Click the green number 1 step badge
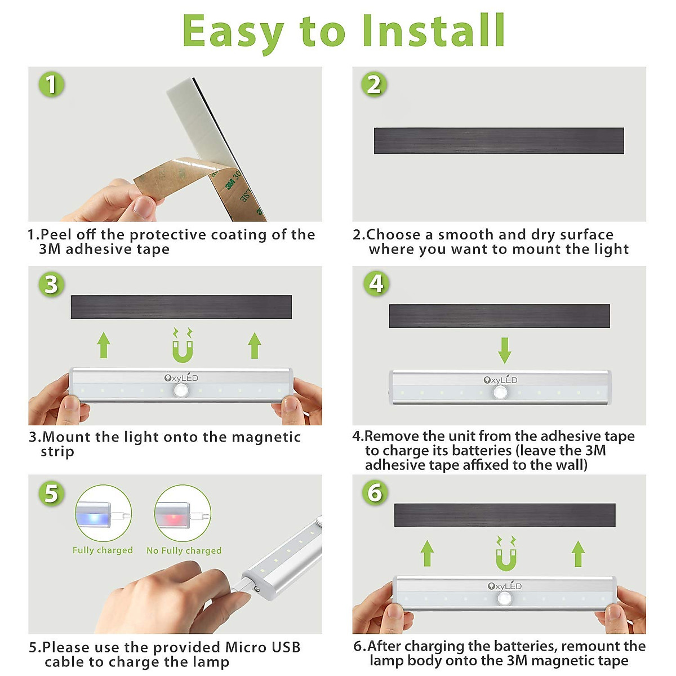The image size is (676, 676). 51,84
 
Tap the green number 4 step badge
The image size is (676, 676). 376,283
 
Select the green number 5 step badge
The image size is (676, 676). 51,493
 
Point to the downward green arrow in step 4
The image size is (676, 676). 504,350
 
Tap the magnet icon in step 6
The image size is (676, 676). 506,554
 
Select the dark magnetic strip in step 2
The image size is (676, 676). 499,141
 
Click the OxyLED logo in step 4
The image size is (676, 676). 500,380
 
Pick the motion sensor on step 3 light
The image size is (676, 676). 181,390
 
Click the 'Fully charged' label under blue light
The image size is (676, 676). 103,550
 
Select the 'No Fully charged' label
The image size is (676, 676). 184,550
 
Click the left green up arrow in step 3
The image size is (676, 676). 104,345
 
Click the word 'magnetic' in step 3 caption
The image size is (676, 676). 266,437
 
